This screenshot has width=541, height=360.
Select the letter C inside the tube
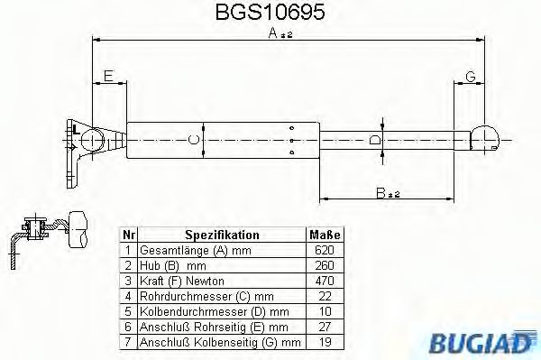point(192,140)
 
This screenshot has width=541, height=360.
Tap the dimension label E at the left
point(109,75)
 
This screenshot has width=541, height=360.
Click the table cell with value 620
point(326,249)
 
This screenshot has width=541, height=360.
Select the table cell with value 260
point(326,265)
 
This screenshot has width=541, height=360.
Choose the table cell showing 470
point(326,281)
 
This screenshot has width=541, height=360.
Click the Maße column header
point(326,234)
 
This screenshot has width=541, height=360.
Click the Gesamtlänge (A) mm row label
point(191,249)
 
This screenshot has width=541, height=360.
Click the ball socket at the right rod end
point(483,138)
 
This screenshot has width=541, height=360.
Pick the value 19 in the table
point(326,343)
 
